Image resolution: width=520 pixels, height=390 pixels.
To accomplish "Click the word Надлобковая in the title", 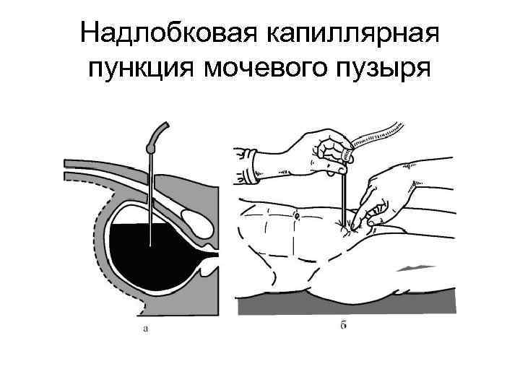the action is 168,34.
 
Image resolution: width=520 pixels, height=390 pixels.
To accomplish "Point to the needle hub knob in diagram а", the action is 151,147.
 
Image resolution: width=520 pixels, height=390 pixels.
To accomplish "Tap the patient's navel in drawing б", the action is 297,214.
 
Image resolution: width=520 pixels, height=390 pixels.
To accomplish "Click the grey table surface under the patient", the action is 347,304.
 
